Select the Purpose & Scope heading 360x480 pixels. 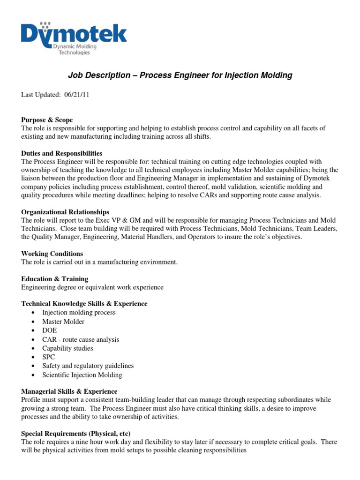click(x=47, y=120)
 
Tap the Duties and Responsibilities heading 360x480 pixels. click(x=61, y=153)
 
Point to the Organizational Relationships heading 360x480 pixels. click(x=65, y=212)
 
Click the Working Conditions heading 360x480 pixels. click(x=52, y=254)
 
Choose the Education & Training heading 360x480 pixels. click(x=54, y=278)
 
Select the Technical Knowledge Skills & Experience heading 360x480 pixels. click(x=84, y=304)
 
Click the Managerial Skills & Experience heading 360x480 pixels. click(x=69, y=391)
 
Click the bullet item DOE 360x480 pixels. click(x=49, y=330)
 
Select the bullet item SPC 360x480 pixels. click(x=49, y=357)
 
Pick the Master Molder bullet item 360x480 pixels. click(x=63, y=322)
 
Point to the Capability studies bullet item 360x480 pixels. click(x=67, y=348)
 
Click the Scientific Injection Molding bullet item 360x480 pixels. click(x=82, y=375)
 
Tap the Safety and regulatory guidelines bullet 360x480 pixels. click(x=88, y=366)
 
